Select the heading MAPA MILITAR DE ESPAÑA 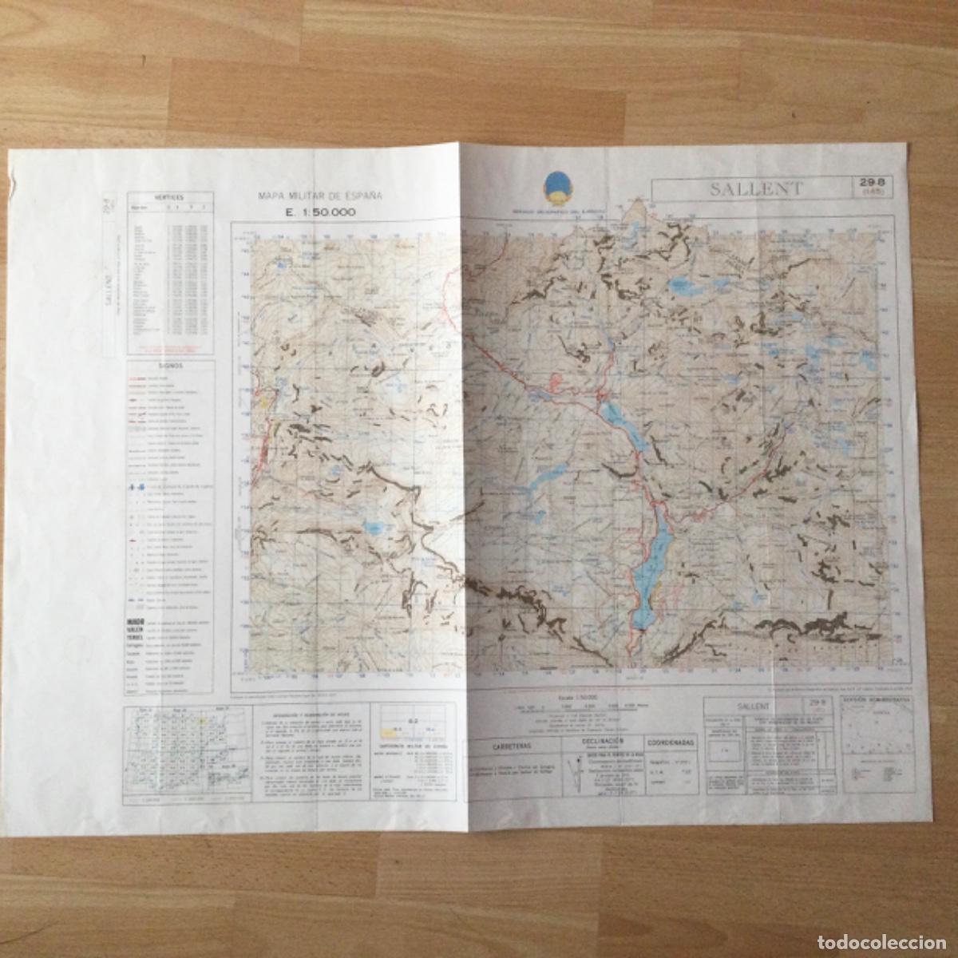(x=320, y=196)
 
